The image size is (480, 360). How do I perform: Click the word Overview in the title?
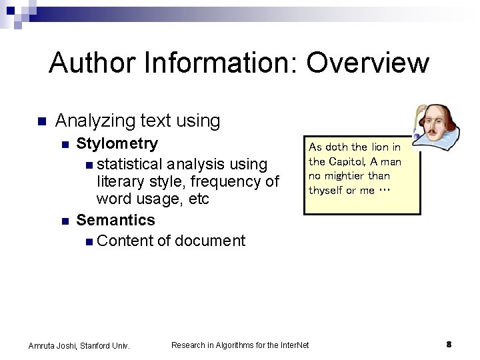click(x=367, y=63)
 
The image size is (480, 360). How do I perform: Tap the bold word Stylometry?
click(x=117, y=143)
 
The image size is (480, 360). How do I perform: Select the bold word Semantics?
click(x=115, y=220)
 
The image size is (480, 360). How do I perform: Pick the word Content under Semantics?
click(x=125, y=241)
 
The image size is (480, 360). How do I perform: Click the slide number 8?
click(x=449, y=345)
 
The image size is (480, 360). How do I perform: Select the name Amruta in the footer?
click(x=43, y=345)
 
